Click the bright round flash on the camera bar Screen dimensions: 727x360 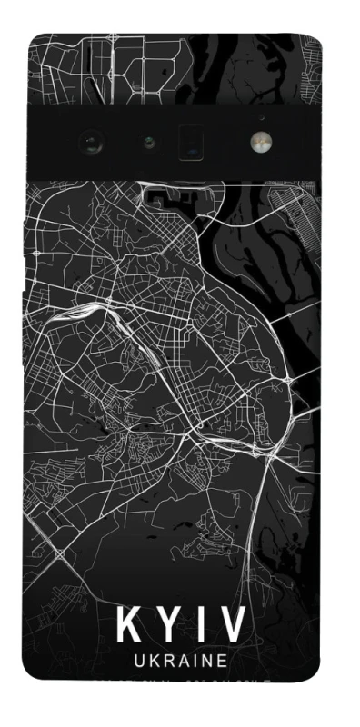click(x=261, y=142)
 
